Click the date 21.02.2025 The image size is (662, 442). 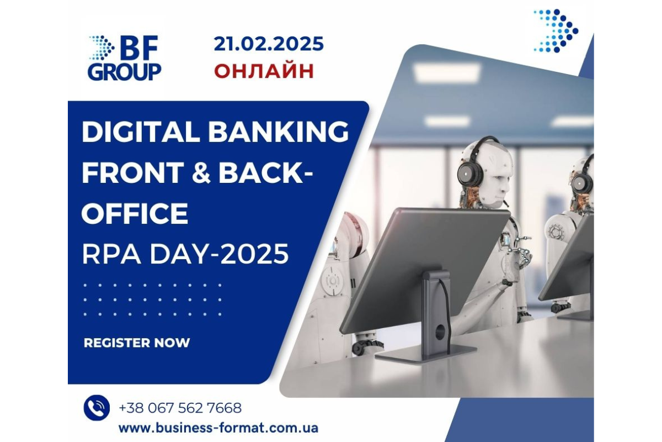point(269,44)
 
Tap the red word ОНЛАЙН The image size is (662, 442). point(264,71)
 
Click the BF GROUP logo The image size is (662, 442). point(125,57)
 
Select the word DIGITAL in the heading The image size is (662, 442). point(140,131)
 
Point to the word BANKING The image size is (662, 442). point(279,131)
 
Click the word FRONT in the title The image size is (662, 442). point(133,172)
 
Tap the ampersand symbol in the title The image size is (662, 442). point(201,172)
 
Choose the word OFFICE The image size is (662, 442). point(135,213)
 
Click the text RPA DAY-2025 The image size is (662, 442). point(185,254)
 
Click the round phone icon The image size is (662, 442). point(97,408)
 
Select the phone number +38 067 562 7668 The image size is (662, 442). point(180,408)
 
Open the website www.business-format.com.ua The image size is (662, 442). point(218,428)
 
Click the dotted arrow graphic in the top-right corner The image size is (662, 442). point(556,31)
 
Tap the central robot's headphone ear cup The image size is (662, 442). point(470,175)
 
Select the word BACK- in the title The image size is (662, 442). point(265,172)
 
